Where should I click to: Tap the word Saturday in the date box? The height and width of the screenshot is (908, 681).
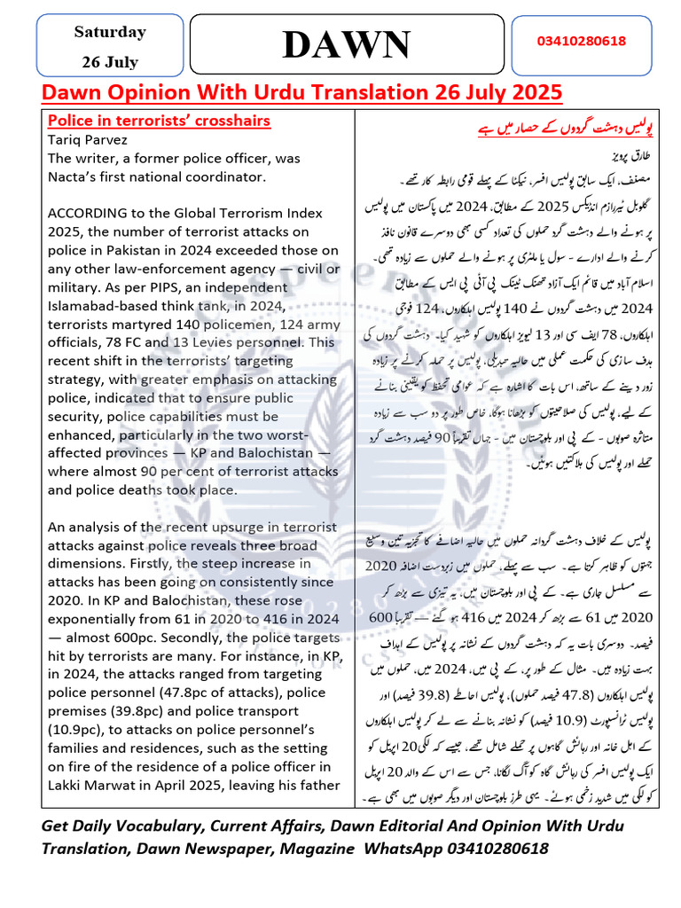point(110,32)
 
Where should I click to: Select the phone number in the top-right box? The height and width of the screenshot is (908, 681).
point(582,42)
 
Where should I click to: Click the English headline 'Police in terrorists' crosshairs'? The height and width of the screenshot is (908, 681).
point(159,121)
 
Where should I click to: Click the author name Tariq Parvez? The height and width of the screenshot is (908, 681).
point(89,140)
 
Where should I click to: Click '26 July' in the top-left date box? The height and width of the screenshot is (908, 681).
point(110,62)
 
